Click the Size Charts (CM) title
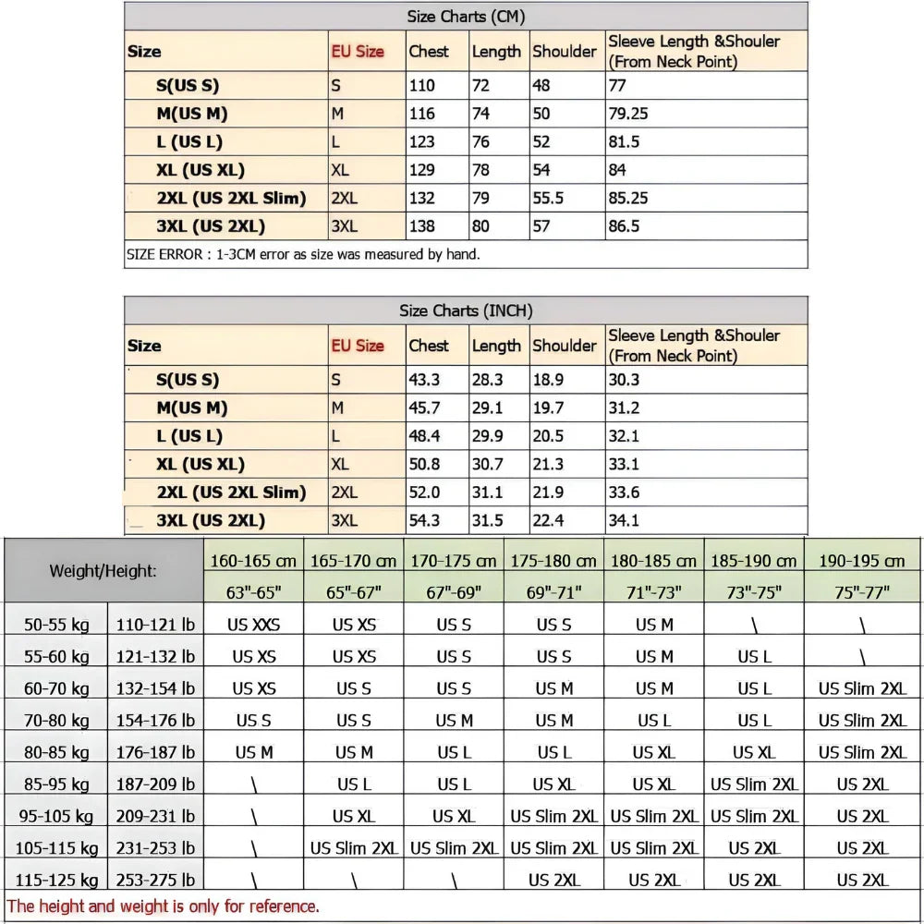point(466,17)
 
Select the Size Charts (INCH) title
point(466,310)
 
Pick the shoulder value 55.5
point(549,198)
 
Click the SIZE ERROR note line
point(303,254)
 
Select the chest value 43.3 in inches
point(424,380)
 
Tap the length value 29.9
point(487,436)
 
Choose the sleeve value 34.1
point(624,520)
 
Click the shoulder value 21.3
point(548,464)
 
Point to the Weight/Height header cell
point(103,571)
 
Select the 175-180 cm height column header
point(553,561)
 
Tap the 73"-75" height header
point(754,592)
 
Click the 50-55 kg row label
point(57,626)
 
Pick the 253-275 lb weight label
point(155,880)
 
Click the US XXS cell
point(253,626)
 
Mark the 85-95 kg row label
point(57,784)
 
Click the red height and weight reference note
point(164,906)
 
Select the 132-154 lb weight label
point(155,689)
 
